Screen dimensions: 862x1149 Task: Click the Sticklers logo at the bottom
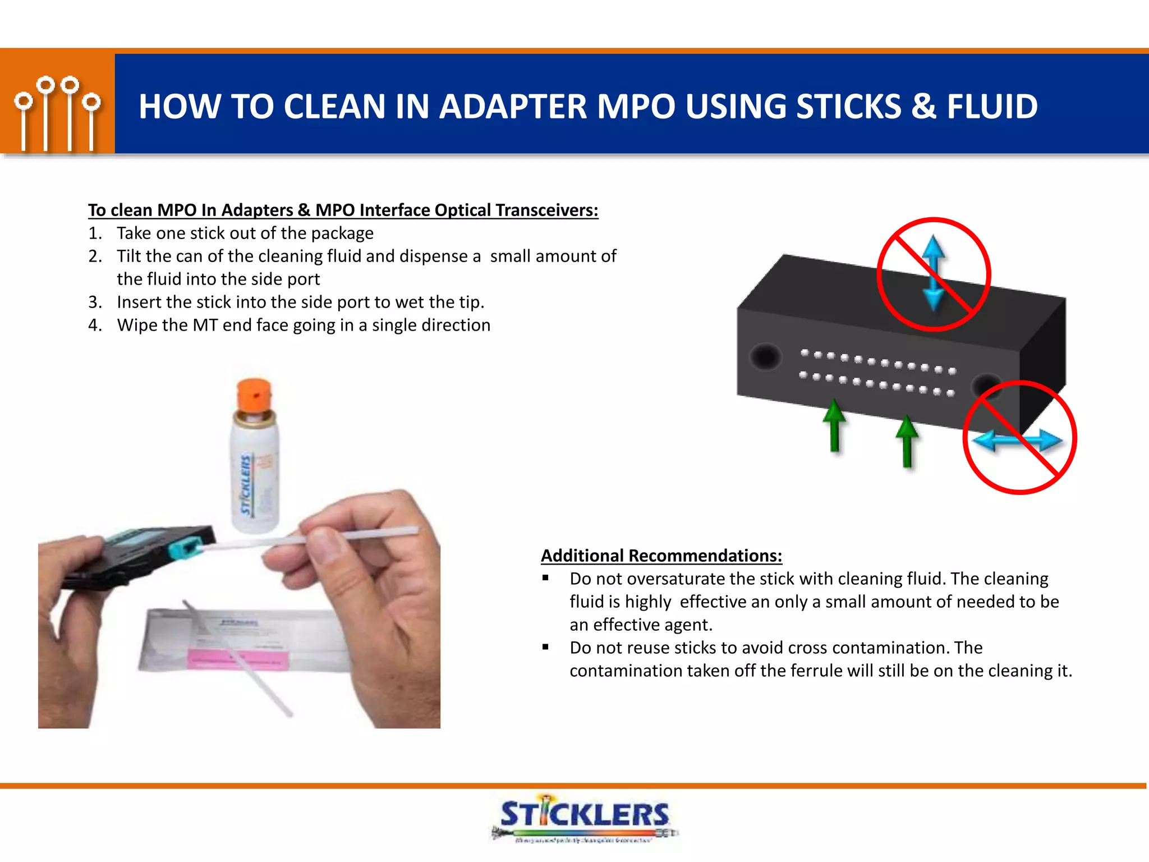click(x=584, y=817)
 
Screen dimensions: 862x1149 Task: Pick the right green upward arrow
click(x=907, y=441)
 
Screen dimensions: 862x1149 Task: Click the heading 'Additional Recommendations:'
click(x=661, y=556)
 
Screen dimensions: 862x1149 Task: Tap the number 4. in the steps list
click(x=95, y=325)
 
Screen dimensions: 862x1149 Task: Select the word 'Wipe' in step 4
click(x=136, y=325)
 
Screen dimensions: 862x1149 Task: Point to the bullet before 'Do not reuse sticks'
click(x=545, y=647)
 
